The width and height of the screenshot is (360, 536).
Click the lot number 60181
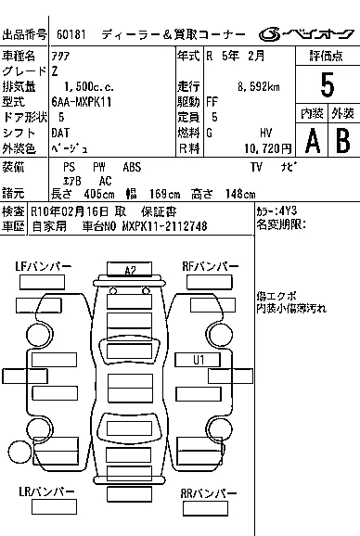coord(71,34)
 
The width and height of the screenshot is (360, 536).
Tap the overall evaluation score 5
coord(328,84)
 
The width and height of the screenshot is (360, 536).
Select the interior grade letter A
coord(313,141)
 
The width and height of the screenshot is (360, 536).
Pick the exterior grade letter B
coord(343,140)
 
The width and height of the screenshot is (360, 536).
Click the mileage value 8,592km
coord(259,87)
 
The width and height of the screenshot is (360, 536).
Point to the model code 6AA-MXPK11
coord(82,102)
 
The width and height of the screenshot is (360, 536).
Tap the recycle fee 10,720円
coord(268,148)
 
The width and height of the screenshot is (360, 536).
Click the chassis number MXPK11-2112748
coord(164,226)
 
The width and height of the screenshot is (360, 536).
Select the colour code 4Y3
coord(288,211)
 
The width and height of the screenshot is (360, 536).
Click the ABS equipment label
coord(132,167)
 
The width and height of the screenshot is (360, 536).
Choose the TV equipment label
coord(256,167)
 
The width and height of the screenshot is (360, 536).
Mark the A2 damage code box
coord(129,269)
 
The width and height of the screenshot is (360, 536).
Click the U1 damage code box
coord(198,360)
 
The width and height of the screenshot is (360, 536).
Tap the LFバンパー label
coord(43,266)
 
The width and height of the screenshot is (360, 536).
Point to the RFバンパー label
coord(211,266)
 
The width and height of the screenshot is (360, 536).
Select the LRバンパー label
coord(46,491)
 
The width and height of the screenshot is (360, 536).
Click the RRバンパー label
coord(208,493)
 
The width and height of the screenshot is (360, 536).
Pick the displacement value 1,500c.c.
coord(88,87)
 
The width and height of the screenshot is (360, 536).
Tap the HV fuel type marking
coord(266,133)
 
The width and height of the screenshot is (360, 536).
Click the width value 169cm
coord(164,194)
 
